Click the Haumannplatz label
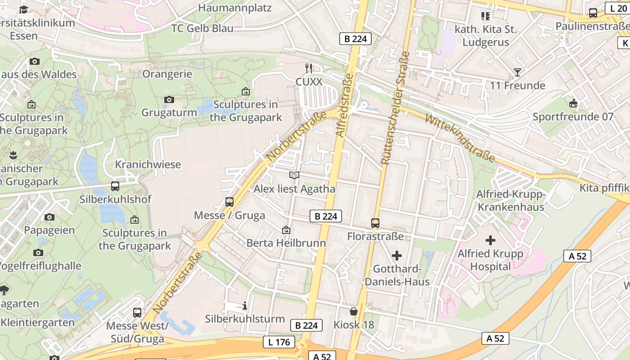click(235, 8)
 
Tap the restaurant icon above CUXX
click(309, 68)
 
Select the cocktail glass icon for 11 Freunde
click(517, 72)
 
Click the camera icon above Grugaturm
click(169, 99)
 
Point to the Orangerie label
click(167, 74)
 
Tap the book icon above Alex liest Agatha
click(294, 175)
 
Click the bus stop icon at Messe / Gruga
click(229, 202)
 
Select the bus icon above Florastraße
click(375, 223)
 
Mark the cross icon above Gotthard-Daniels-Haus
click(397, 256)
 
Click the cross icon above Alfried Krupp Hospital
click(490, 240)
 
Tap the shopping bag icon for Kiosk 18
click(354, 311)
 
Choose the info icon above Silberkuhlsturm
click(245, 306)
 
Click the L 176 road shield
click(279, 342)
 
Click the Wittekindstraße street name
click(459, 138)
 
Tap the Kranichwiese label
click(148, 164)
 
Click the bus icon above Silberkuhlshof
click(115, 186)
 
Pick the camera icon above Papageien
click(49, 217)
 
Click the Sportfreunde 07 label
click(573, 117)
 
